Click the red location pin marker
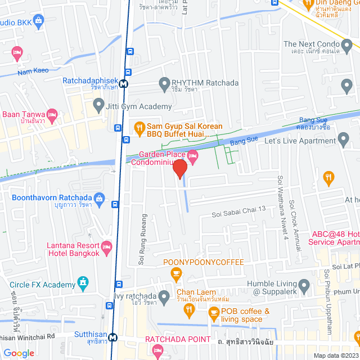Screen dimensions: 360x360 pyautogui.click(x=179, y=168)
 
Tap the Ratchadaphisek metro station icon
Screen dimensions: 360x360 pyautogui.click(x=123, y=83)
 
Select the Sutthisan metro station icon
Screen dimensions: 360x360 pyautogui.click(x=114, y=337)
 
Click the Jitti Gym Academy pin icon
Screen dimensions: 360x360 pyautogui.click(x=99, y=105)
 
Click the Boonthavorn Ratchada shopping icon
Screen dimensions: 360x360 pyautogui.click(x=100, y=197)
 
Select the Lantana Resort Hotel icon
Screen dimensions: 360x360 pyautogui.click(x=107, y=247)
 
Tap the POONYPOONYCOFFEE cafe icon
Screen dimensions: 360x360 pyautogui.click(x=177, y=274)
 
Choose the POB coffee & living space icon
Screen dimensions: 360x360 pyautogui.click(x=213, y=315)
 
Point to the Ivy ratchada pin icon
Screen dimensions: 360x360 pyautogui.click(x=164, y=296)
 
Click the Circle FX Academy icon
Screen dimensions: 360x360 pyautogui.click(x=83, y=282)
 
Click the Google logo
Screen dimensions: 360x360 pyautogui.click(x=19, y=353)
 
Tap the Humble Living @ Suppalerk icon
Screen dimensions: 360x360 pyautogui.click(x=304, y=285)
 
